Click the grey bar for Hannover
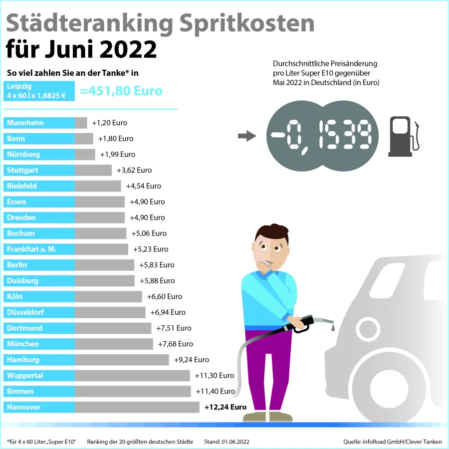click(137, 407)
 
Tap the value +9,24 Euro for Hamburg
click(192, 359)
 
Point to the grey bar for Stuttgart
click(93, 170)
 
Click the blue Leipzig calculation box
click(39, 91)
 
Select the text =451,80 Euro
click(121, 91)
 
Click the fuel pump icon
click(403, 136)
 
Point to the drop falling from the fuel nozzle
click(333, 327)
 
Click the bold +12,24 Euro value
click(225, 407)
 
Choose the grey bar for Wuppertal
click(132, 376)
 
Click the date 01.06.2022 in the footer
click(236, 442)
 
